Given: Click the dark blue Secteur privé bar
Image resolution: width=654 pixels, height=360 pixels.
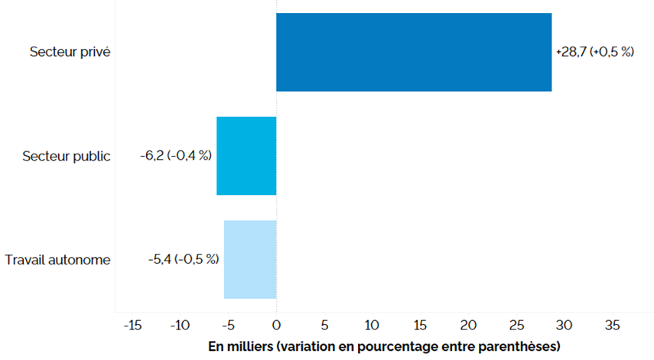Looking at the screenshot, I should [x=413, y=52].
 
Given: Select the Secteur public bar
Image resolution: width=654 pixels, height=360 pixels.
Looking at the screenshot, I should [x=246, y=156].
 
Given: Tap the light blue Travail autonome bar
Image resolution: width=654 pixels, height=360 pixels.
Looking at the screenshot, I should [x=250, y=259].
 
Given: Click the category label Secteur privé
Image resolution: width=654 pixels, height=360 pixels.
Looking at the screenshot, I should [x=70, y=53].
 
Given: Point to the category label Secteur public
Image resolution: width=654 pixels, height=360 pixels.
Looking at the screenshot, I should [x=67, y=156].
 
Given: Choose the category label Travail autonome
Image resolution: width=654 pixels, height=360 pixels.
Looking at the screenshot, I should [x=57, y=260].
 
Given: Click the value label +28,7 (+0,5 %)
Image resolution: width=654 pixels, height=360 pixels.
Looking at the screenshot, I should [x=594, y=53].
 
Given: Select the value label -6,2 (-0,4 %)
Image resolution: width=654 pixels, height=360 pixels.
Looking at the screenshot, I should [x=174, y=156].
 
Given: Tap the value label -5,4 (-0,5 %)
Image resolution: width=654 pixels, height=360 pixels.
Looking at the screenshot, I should [x=184, y=259].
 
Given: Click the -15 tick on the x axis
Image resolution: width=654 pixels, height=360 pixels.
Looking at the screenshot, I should [x=132, y=325].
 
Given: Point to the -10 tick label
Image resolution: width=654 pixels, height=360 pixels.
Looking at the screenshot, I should [x=180, y=325].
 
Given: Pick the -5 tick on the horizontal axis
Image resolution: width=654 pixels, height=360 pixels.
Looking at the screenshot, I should [x=228, y=325].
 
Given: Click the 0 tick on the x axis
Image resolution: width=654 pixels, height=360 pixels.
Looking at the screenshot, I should [x=276, y=325].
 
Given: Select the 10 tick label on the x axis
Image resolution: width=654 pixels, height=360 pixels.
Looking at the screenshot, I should [x=372, y=325].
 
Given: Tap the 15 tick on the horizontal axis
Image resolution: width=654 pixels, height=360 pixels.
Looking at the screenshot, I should [x=420, y=325].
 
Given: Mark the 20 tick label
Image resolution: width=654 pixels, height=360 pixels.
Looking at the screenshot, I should [x=468, y=325].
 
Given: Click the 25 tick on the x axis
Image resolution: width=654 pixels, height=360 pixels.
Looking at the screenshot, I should [x=516, y=325].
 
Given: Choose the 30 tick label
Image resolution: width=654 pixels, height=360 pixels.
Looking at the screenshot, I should [x=564, y=325].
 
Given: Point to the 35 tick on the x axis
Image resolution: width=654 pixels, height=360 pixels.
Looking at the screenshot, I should [x=612, y=325].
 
